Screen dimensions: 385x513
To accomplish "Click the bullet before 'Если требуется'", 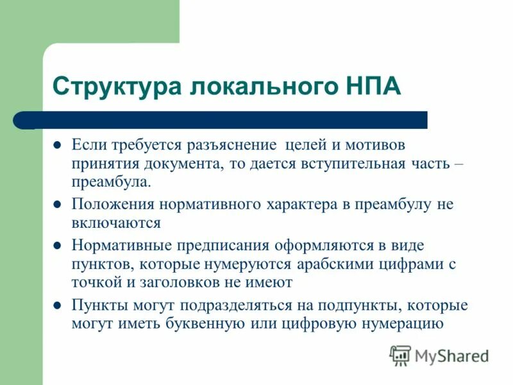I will click(x=56, y=146).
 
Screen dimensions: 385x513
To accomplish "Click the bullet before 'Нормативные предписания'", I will click(x=56, y=246).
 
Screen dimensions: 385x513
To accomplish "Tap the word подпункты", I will click(x=366, y=305).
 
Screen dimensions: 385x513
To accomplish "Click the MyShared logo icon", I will click(x=400, y=355).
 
